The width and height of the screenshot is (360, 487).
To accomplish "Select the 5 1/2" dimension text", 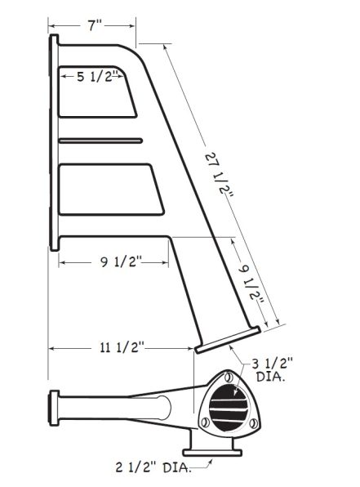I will pyautogui.click(x=99, y=77).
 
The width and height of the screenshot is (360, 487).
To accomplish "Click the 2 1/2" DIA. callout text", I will pyautogui.click(x=153, y=468).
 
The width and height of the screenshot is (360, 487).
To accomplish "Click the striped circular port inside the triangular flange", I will pyautogui.click(x=229, y=408).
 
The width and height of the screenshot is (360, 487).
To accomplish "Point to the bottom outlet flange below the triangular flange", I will pyautogui.click(x=212, y=450).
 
